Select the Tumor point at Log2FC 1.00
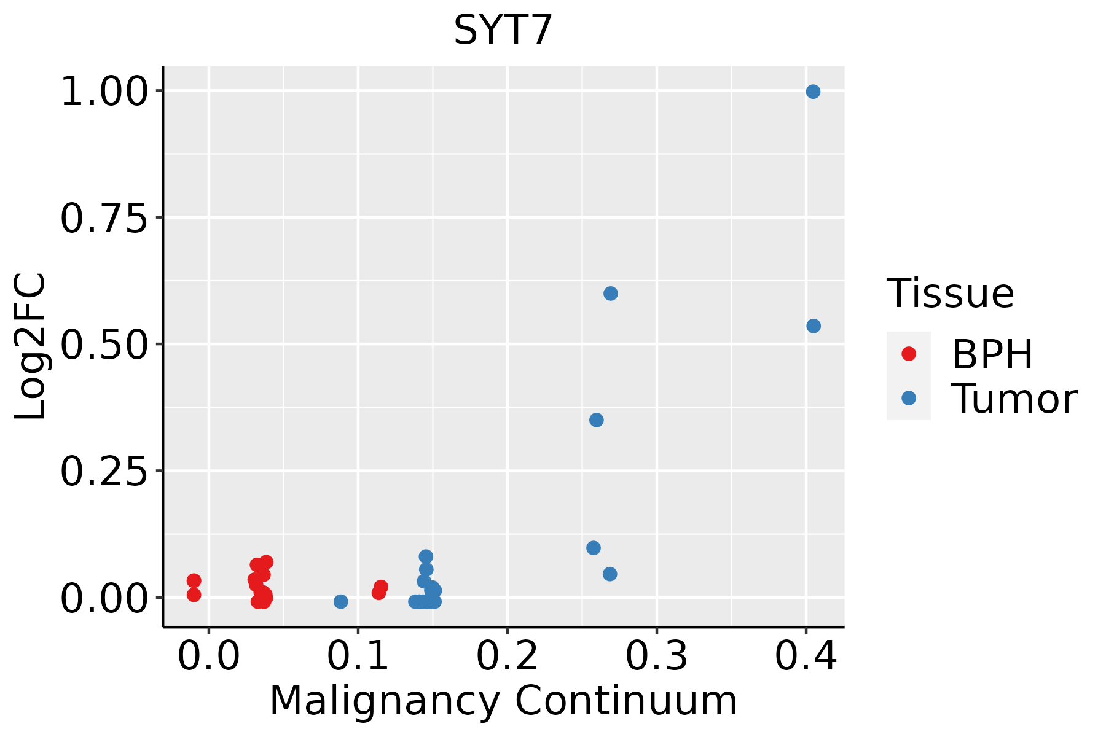pyautogui.click(x=813, y=92)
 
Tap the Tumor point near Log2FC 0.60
pyautogui.click(x=610, y=294)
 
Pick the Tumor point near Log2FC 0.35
pyautogui.click(x=596, y=420)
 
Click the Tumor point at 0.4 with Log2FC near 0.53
pyautogui.click(x=814, y=326)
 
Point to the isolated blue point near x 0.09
pyautogui.click(x=340, y=601)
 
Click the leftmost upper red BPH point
pyautogui.click(x=194, y=580)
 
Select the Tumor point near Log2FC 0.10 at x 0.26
pyautogui.click(x=593, y=548)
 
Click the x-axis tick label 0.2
pyautogui.click(x=507, y=657)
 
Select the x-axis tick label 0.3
pyautogui.click(x=656, y=657)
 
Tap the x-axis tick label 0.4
pyautogui.click(x=806, y=657)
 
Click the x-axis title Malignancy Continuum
pyautogui.click(x=503, y=701)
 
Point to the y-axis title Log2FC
pyautogui.click(x=31, y=346)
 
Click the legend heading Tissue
pyautogui.click(x=950, y=294)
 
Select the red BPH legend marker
pyautogui.click(x=908, y=354)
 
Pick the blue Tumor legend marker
pyautogui.click(x=908, y=399)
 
